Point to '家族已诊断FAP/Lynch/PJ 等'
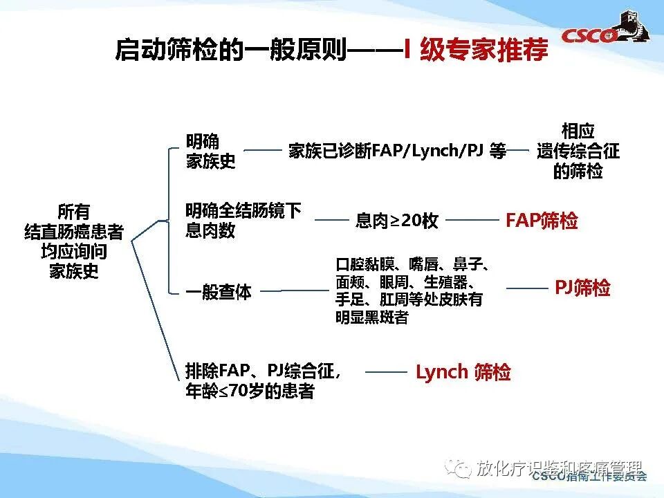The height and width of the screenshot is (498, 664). tap(397, 151)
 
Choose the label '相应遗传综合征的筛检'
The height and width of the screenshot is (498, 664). tap(578, 151)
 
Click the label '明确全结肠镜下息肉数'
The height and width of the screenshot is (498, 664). tap(243, 221)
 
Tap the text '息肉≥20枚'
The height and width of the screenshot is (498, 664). tap(397, 221)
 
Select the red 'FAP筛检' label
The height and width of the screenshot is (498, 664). tap(542, 221)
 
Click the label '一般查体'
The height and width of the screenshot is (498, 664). tap(218, 292)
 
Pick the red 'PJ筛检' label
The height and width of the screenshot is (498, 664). tap(582, 288)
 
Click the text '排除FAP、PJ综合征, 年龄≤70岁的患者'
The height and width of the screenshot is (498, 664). tap(263, 381)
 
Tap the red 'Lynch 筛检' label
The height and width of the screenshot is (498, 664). tap(463, 372)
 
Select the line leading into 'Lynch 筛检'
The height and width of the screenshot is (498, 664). tap(386, 372)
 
